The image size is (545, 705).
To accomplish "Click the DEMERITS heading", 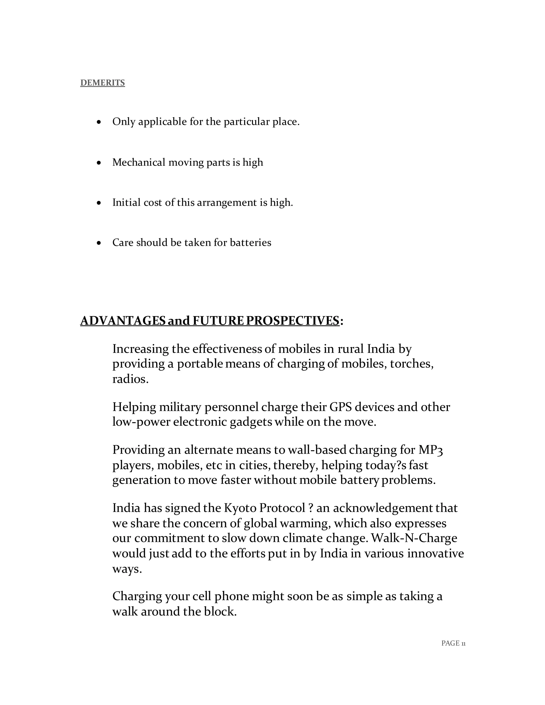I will (102, 83).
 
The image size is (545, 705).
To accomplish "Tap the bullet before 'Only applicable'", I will (99, 122).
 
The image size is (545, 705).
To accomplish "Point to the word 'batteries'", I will (250, 242).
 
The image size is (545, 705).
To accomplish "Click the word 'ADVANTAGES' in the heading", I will (123, 321).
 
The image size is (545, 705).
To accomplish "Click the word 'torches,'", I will (412, 364).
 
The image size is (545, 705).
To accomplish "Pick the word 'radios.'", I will (130, 379).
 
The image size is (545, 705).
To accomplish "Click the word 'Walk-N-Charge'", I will (414, 538).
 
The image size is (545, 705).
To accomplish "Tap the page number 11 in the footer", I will (463, 644).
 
